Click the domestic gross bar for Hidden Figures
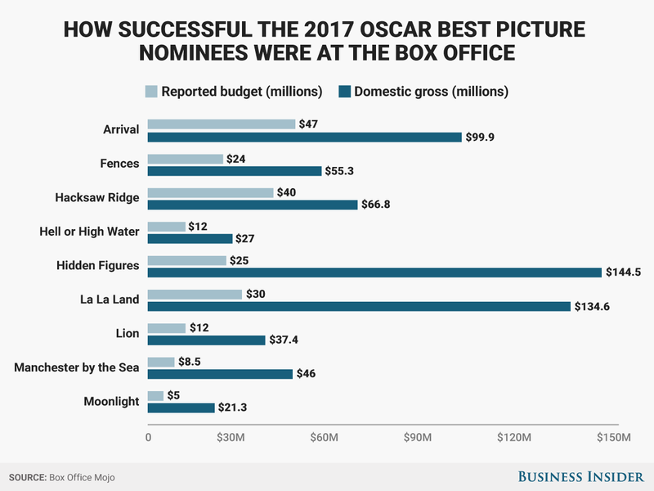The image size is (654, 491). (x=374, y=272)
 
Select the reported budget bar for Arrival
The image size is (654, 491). (x=222, y=124)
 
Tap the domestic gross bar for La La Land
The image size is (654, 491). (x=359, y=306)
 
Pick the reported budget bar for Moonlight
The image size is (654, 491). (x=156, y=395)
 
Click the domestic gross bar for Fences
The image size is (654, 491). (x=235, y=171)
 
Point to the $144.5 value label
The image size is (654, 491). (x=622, y=272)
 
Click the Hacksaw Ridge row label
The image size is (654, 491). (x=97, y=198)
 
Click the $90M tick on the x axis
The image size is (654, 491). (x=419, y=438)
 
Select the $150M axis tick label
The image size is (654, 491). (x=613, y=438)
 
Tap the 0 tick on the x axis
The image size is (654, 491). (x=149, y=438)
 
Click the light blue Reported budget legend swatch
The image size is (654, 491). (x=151, y=91)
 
